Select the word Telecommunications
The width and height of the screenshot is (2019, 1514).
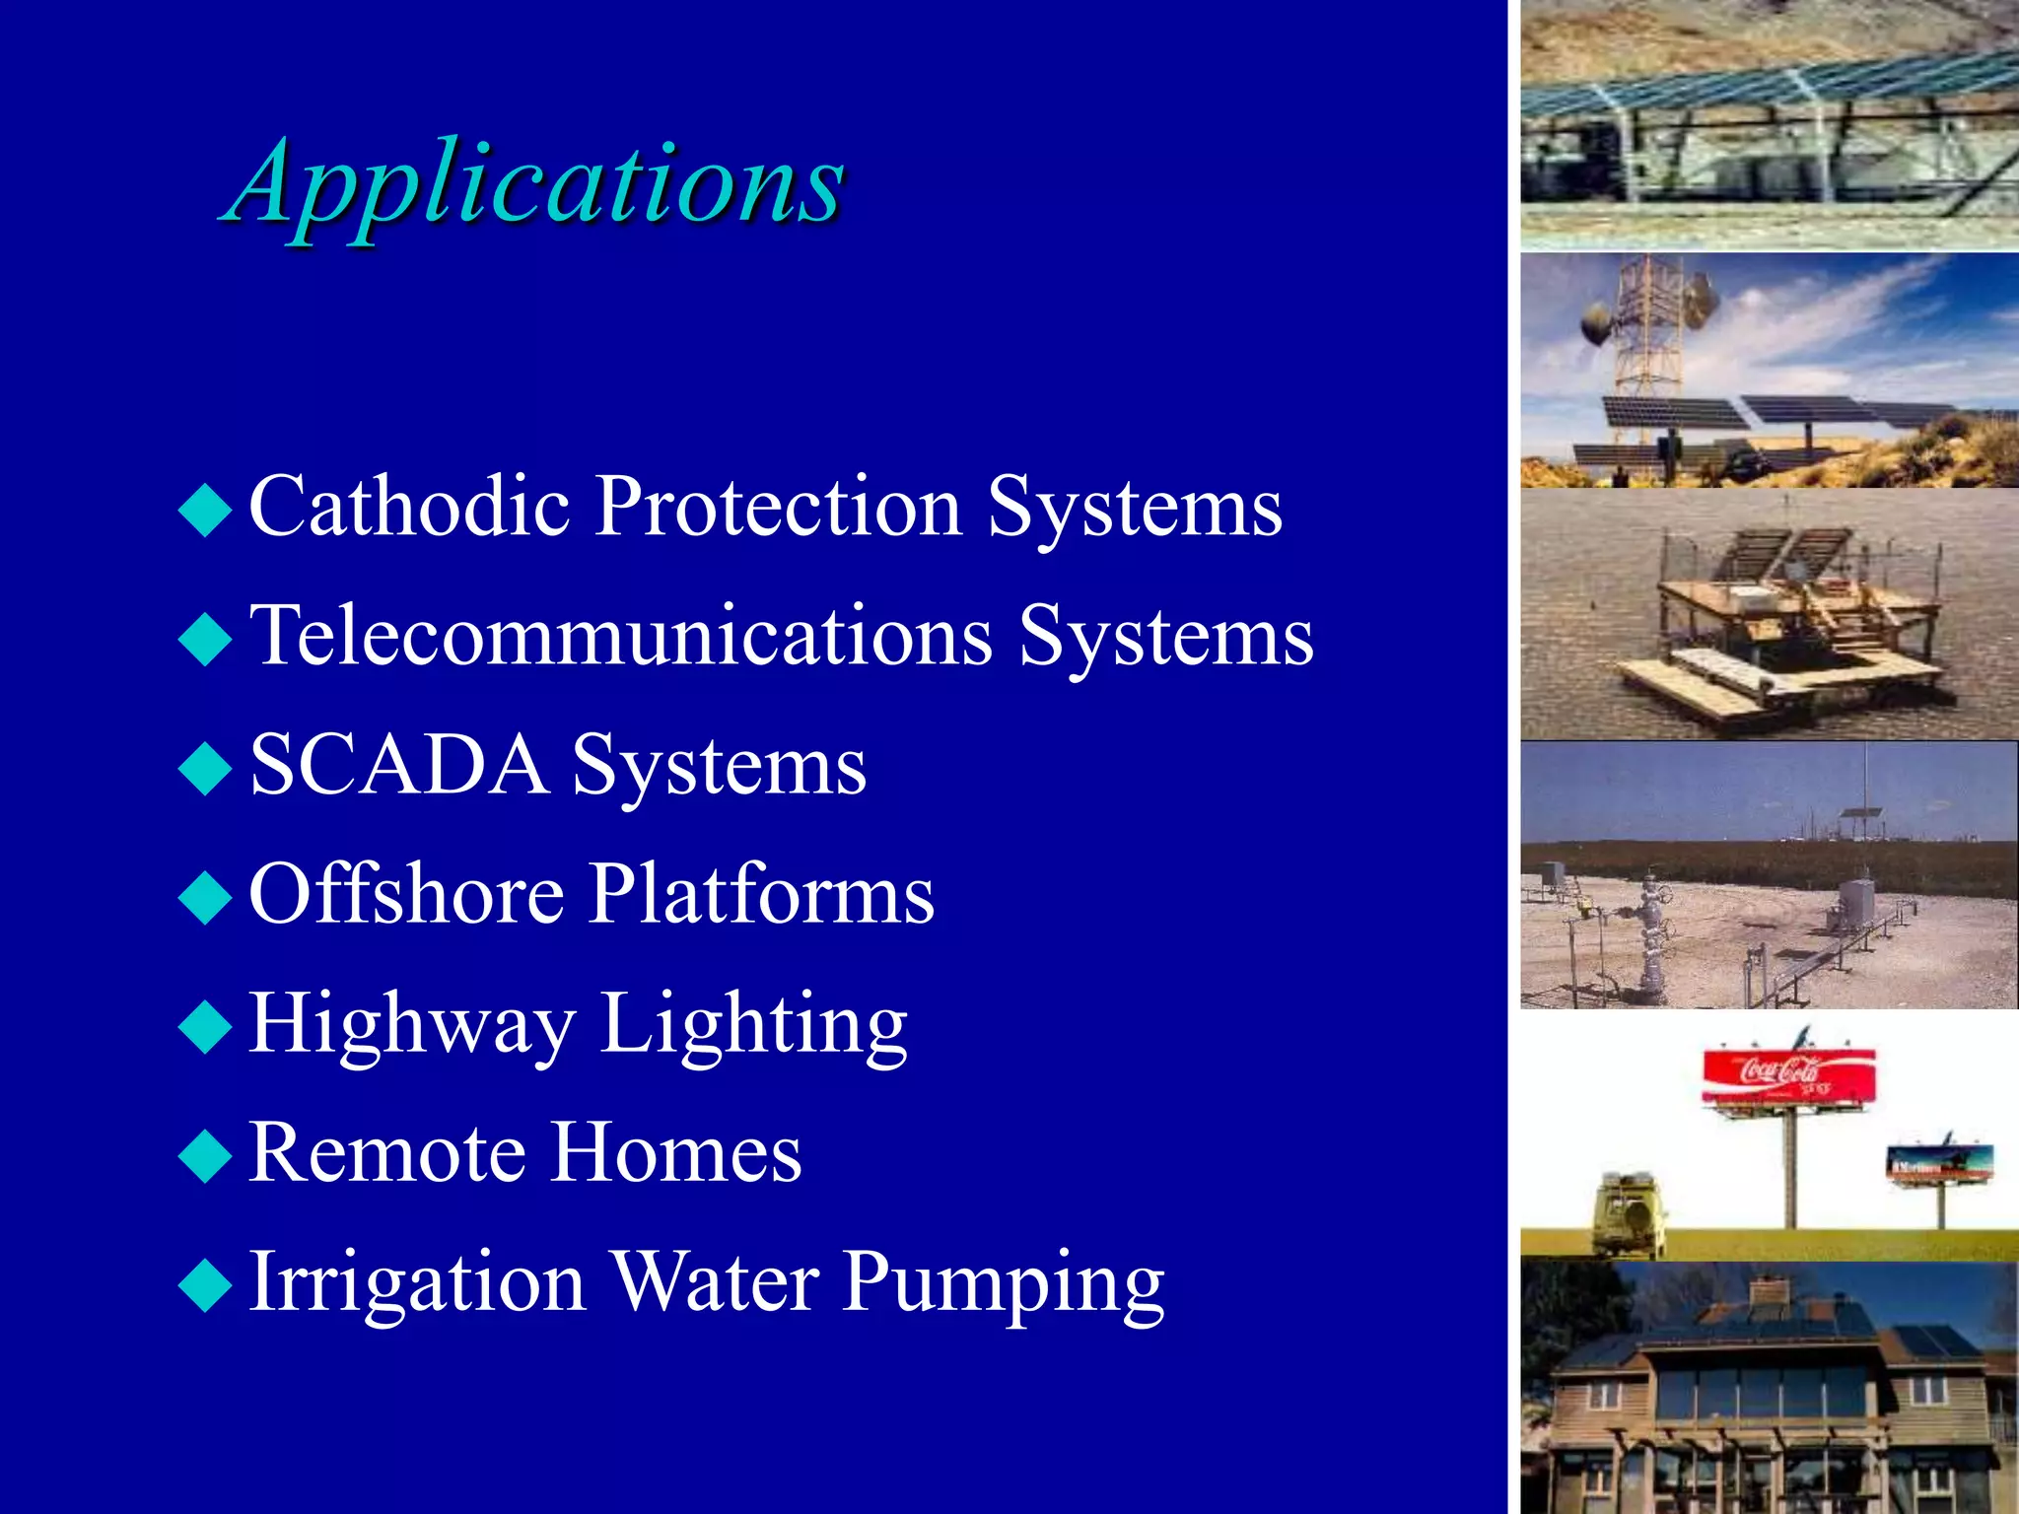621,636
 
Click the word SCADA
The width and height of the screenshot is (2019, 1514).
399,765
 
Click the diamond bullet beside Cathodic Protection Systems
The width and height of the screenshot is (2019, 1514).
205,510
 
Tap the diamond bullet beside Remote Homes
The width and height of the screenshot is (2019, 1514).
205,1155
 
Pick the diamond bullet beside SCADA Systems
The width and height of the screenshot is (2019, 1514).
205,768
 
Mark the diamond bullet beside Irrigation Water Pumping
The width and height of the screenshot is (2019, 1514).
205,1285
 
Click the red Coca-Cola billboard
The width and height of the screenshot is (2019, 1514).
1788,1072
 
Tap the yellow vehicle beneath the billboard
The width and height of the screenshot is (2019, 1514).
1630,1212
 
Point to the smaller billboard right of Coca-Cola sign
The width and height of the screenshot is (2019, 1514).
1939,1162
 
